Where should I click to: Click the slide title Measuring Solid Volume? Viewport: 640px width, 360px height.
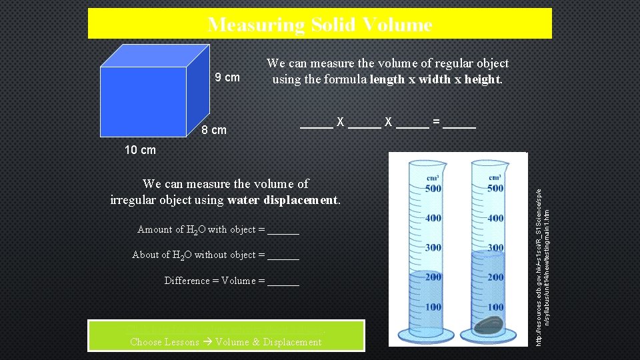(x=319, y=25)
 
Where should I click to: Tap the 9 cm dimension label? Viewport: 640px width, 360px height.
(x=227, y=77)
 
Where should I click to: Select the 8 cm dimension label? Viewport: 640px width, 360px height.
(x=213, y=130)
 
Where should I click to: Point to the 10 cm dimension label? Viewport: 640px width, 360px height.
(x=140, y=150)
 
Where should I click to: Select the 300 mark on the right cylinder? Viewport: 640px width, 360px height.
(x=495, y=247)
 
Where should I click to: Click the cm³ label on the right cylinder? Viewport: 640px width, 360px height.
(x=495, y=177)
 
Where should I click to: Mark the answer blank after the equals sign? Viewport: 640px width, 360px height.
(x=459, y=123)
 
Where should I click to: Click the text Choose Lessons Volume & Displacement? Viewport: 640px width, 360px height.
(x=225, y=342)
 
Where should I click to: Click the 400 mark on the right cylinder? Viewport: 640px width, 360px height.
(x=495, y=218)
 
